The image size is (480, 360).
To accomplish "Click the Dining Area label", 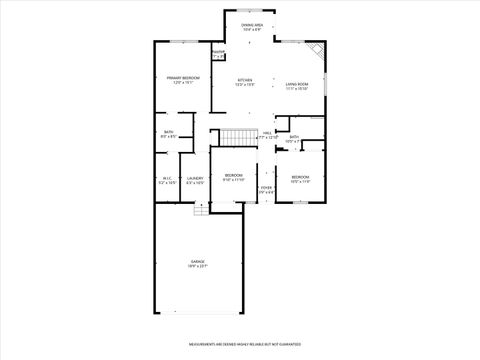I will click(252, 27).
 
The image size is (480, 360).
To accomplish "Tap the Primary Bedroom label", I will click(183, 80).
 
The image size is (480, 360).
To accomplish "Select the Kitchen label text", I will click(245, 82).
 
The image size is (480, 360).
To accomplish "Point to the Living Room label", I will click(296, 86).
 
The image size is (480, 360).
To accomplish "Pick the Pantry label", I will click(218, 55).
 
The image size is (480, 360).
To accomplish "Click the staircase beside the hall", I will click(235, 137).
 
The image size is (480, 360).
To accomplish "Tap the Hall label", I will click(267, 135).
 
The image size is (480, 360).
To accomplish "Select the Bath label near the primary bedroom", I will click(167, 134).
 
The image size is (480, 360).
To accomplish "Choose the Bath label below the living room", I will click(294, 139).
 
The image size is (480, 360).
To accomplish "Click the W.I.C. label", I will click(167, 181).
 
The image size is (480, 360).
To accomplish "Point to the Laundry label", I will click(195, 181).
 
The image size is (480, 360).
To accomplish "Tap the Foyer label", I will click(266, 190).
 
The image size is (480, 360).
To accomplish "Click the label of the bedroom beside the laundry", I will click(233, 178).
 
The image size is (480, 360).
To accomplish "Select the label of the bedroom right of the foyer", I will click(300, 180).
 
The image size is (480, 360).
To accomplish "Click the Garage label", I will click(197, 264).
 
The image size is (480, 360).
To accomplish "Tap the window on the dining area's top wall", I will click(252, 12).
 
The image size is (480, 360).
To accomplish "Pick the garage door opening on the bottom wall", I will click(197, 313).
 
